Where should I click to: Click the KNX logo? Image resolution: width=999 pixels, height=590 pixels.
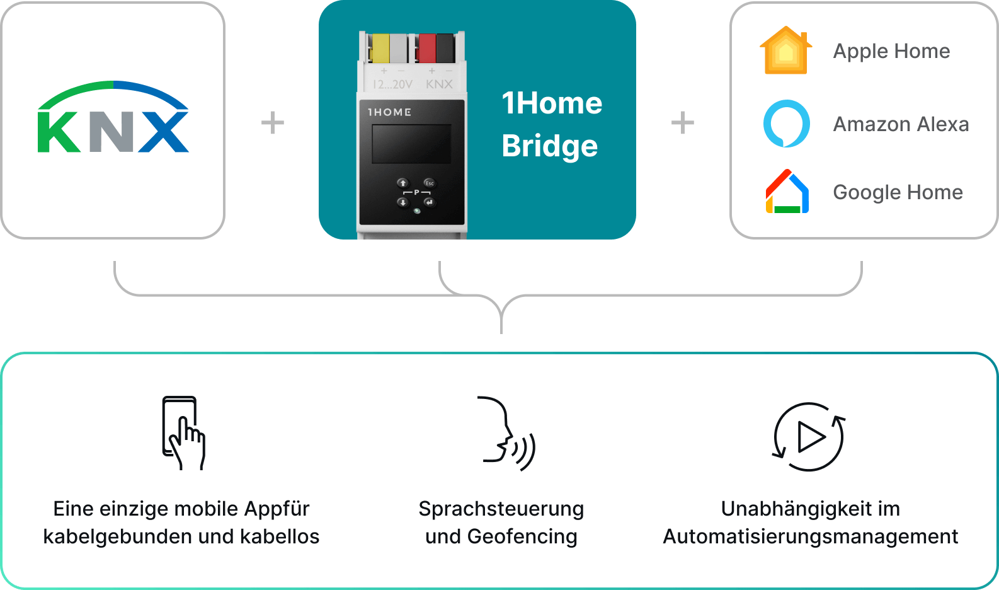click(113, 117)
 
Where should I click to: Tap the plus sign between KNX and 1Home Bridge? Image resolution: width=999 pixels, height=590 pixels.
click(273, 122)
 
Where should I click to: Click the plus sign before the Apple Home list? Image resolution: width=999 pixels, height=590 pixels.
click(683, 122)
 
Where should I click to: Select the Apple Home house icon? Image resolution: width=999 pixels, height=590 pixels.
click(786, 50)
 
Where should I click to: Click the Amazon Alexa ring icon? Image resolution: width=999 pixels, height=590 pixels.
click(787, 124)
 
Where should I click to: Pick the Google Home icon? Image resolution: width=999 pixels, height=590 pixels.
click(787, 192)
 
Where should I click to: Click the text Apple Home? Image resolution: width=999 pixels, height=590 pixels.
click(891, 51)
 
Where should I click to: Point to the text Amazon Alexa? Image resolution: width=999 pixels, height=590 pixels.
click(901, 124)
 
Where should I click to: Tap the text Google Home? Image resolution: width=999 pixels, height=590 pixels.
click(898, 192)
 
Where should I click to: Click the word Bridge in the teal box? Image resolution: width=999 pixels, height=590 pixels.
click(550, 146)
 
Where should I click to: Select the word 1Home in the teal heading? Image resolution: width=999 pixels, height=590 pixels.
click(552, 103)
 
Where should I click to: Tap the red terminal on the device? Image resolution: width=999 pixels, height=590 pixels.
click(427, 49)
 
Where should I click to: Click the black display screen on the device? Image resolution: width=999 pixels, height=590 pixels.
click(411, 144)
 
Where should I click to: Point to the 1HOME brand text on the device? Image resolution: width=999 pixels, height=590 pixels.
click(389, 112)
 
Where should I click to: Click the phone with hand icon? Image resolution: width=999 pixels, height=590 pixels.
click(183, 433)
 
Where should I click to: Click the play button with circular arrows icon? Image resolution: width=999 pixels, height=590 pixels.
click(809, 437)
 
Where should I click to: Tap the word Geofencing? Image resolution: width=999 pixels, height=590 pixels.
click(522, 537)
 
